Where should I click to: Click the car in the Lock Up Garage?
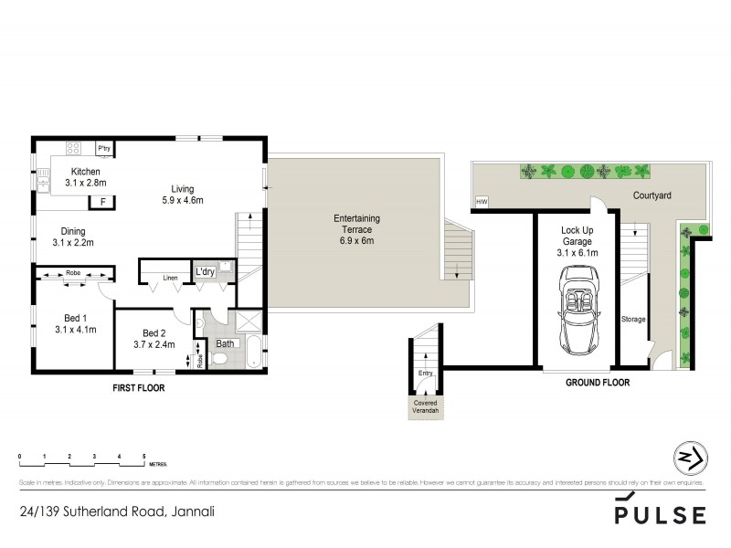coord(577,311)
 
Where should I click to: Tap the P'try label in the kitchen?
coord(103,148)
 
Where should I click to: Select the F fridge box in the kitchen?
coord(103,201)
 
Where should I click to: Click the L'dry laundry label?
coord(204,272)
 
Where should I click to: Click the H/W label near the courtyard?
coord(481,202)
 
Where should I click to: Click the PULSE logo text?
coord(662,514)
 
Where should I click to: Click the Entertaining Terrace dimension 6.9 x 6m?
coord(355,241)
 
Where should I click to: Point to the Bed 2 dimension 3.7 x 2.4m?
coord(154,345)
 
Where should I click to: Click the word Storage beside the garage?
coord(633,319)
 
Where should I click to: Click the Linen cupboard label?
coord(171,277)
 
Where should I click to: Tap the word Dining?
coord(74,231)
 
